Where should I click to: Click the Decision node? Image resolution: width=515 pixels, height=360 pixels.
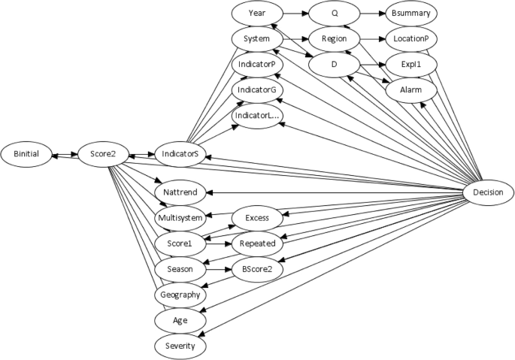pyautogui.click(x=489, y=193)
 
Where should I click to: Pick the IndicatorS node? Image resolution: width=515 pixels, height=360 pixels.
pyautogui.click(x=180, y=154)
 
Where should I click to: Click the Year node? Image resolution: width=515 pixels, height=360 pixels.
pyautogui.click(x=256, y=13)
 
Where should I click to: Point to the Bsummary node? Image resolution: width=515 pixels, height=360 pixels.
pyautogui.click(x=410, y=13)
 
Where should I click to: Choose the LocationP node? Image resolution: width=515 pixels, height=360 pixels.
pyautogui.click(x=410, y=38)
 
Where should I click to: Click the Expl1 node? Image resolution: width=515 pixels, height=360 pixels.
pyautogui.click(x=410, y=65)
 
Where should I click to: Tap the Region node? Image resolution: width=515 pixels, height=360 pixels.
pyautogui.click(x=333, y=38)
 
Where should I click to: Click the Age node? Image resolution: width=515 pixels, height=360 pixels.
pyautogui.click(x=180, y=320)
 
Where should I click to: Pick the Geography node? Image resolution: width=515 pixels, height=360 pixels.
pyautogui.click(x=180, y=295)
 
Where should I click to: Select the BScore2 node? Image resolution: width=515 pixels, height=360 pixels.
pyautogui.click(x=256, y=268)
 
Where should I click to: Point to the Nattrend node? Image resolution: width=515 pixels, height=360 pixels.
pyautogui.click(x=180, y=192)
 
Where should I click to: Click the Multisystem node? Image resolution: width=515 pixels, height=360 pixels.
pyautogui.click(x=180, y=218)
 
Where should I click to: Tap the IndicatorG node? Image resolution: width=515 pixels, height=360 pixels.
pyautogui.click(x=256, y=90)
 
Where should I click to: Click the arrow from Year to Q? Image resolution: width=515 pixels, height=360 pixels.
pyautogui.click(x=294, y=13)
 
